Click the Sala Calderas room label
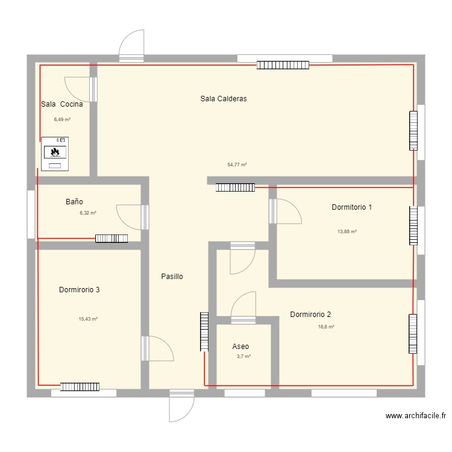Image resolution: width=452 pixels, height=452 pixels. coord(224,99)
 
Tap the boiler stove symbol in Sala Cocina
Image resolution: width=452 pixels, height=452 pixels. coord(55,154)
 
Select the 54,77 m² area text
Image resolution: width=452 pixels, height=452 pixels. coord(237,165)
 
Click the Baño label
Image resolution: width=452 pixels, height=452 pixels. coord(74,202)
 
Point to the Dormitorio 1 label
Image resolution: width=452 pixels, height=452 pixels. coord(351,207)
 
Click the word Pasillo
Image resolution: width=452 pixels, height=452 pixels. coord(172,277)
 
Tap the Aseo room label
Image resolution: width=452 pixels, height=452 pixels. coord(240,347)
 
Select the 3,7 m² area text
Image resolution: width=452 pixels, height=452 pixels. coord(243,357)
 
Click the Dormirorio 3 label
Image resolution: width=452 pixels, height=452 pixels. coord(79,290)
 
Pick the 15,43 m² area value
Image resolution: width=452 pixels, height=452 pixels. coord(88,319)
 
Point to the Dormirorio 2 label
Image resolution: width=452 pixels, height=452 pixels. coord(310,315)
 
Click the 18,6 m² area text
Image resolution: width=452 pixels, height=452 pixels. coord(326,327)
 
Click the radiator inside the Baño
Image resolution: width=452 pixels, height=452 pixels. coord(111,239)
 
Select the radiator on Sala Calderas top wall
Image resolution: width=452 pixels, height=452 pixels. coord(283,64)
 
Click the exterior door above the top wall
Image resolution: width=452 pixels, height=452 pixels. coord(132,46)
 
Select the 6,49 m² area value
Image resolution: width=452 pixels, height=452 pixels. coord(62,119)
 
